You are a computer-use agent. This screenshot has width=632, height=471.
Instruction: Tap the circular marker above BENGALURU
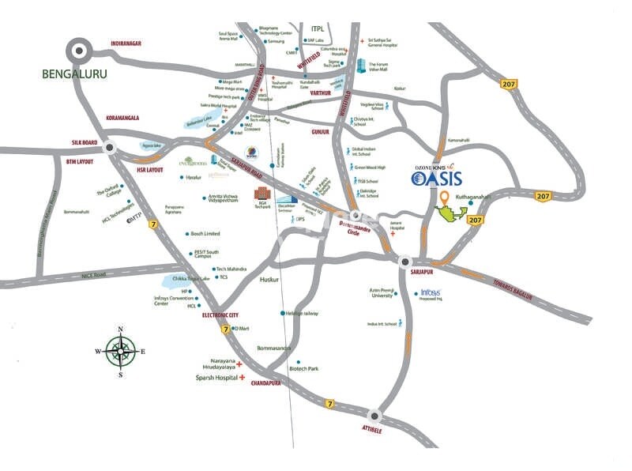tap(80, 53)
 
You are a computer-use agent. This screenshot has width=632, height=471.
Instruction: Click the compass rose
tap(120, 352)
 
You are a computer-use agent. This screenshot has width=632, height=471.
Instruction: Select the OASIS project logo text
tap(442, 179)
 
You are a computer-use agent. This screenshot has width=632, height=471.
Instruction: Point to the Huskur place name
tap(270, 280)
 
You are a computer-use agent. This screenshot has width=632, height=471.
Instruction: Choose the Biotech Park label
tap(303, 368)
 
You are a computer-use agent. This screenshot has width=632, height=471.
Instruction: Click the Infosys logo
tap(430, 293)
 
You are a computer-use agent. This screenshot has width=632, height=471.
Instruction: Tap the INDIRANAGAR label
tap(126, 43)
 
